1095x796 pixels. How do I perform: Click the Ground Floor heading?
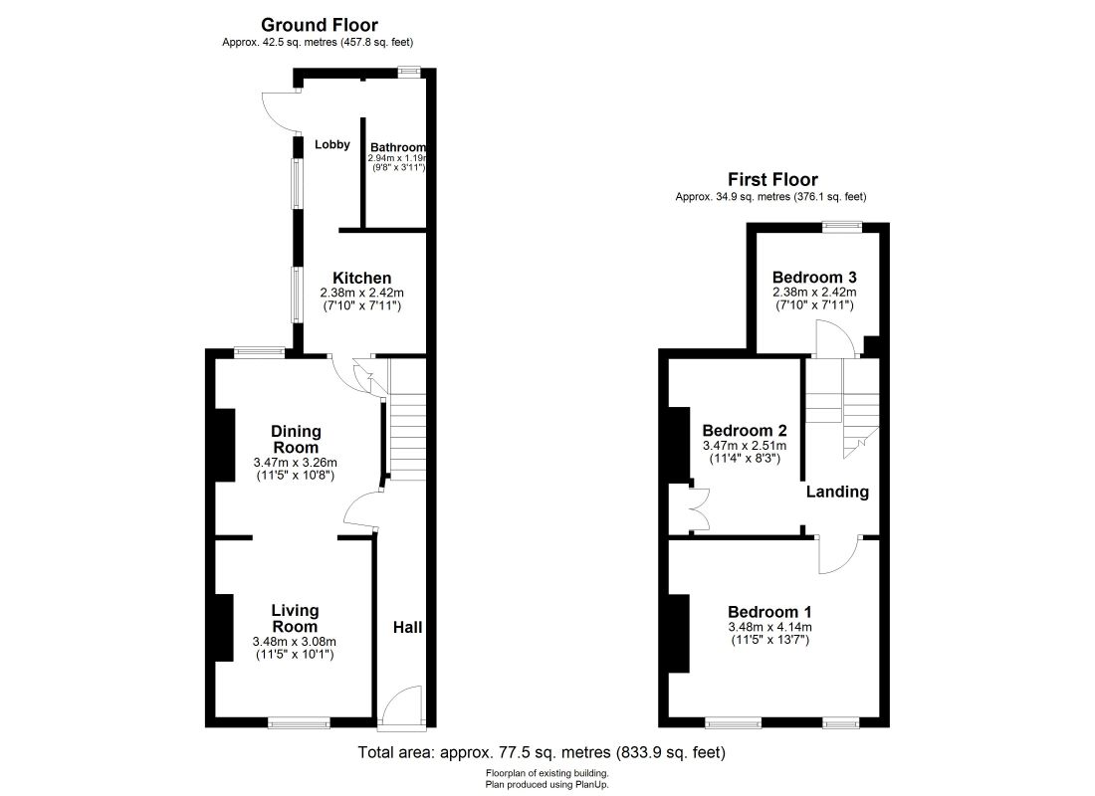pos(320,25)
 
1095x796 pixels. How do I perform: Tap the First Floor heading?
pos(772,180)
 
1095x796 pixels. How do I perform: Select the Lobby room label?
pos(332,145)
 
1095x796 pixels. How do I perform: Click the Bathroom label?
pos(398,147)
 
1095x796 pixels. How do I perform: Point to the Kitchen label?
pos(361,278)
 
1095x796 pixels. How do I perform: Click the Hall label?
pos(407,628)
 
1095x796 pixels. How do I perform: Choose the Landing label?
pos(837,492)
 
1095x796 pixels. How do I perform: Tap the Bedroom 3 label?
pos(814,277)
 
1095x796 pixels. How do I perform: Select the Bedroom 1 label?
pos(769,612)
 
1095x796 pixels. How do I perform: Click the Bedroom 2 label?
pos(745,431)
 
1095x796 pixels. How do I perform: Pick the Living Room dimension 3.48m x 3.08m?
pos(295,642)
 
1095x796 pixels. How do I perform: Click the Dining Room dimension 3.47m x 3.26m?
pos(297,463)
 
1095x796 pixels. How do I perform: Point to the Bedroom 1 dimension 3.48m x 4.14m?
pos(770,627)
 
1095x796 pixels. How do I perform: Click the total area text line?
pos(542,753)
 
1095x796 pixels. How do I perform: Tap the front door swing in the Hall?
pos(402,703)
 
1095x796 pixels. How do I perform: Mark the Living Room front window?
pos(299,723)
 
